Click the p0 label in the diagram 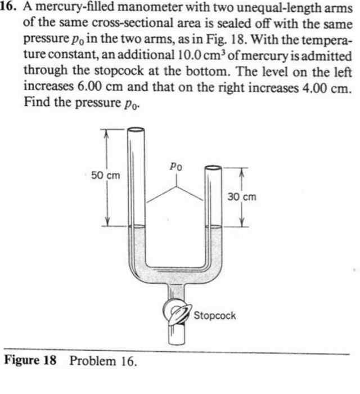pos(175,167)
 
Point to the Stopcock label pos(214,315)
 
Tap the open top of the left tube pos(137,131)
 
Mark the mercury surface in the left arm pos(137,227)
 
